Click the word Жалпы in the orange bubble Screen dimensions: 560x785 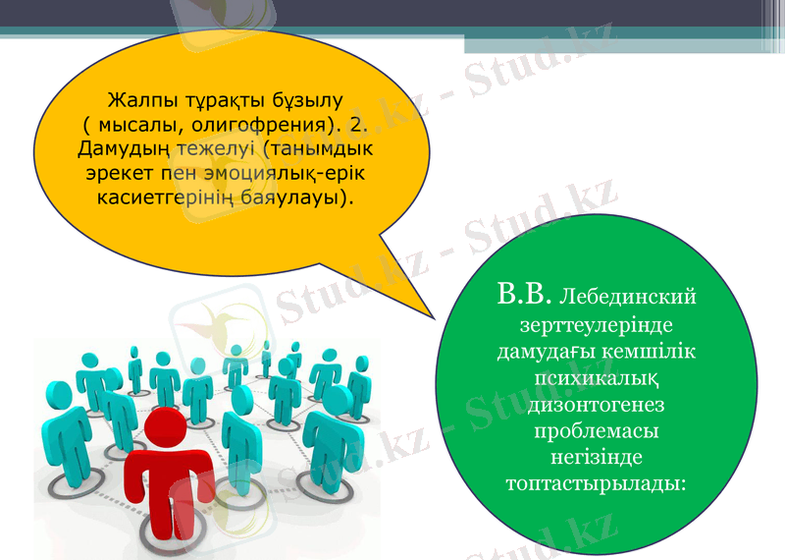pyautogui.click(x=135, y=102)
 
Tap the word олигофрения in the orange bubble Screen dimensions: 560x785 pyautogui.click(x=236, y=127)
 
